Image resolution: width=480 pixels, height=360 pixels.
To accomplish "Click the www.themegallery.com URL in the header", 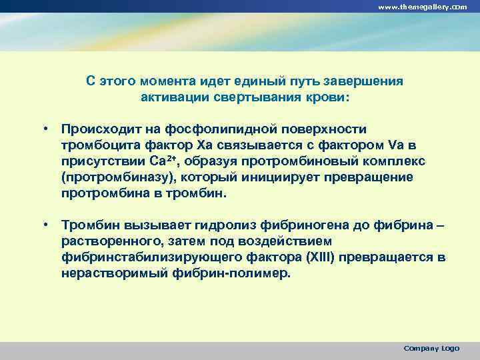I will coord(423,6).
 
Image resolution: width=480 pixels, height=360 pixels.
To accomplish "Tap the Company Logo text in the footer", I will coord(431,348).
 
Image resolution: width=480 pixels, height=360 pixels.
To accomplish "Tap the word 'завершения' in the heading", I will coord(364,81).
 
